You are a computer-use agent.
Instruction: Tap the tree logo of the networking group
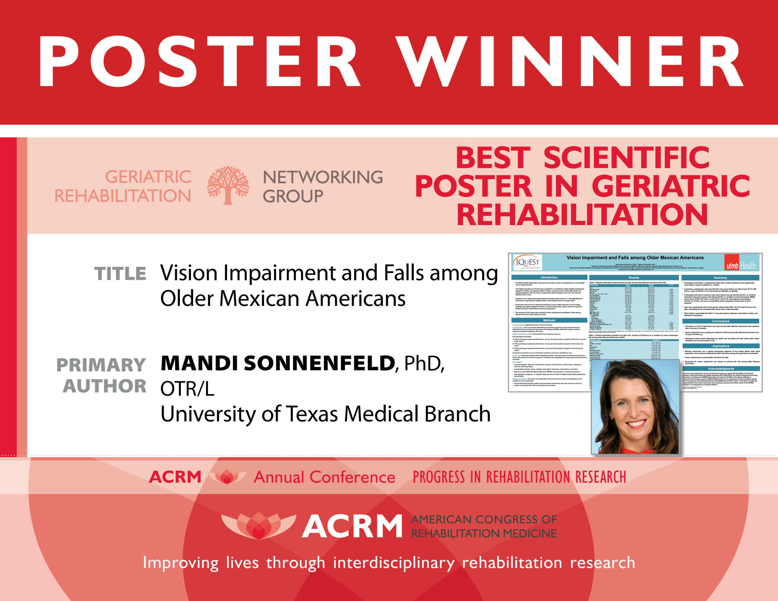(x=228, y=185)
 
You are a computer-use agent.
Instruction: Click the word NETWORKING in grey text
(x=323, y=177)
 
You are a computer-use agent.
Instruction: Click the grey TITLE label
(x=120, y=273)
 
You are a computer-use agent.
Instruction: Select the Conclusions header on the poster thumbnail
(x=721, y=321)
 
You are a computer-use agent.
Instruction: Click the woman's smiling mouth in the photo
(x=635, y=424)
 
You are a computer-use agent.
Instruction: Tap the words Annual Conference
(x=324, y=477)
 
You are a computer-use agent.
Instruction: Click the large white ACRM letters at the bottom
(x=352, y=526)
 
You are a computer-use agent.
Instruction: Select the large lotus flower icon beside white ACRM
(x=258, y=525)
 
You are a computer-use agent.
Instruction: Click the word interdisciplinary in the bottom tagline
(x=394, y=563)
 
